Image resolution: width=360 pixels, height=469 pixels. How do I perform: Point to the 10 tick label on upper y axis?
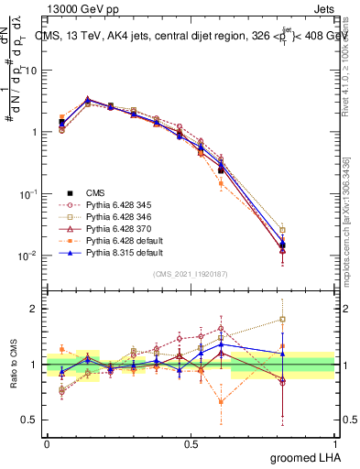(31, 71)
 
